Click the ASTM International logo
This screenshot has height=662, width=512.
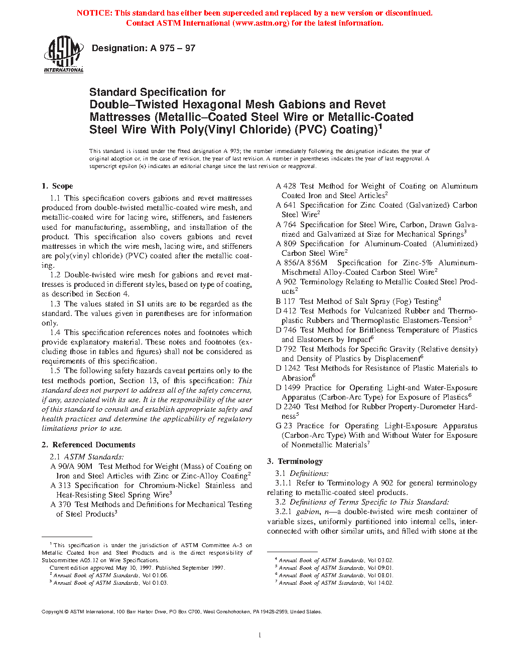64,54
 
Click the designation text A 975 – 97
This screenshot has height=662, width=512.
173,48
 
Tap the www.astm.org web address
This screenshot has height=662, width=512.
261,23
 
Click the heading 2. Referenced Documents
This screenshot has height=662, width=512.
88,445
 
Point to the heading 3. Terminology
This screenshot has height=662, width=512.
295,461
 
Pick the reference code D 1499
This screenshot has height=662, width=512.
289,388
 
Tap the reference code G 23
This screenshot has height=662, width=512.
284,426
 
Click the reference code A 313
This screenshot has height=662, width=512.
60,485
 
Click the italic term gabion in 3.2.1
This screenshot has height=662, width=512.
307,512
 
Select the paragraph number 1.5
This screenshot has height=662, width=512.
55,371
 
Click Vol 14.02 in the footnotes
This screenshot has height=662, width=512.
380,583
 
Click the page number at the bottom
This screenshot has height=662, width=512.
260,635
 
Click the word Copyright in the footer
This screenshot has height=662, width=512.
52,611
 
